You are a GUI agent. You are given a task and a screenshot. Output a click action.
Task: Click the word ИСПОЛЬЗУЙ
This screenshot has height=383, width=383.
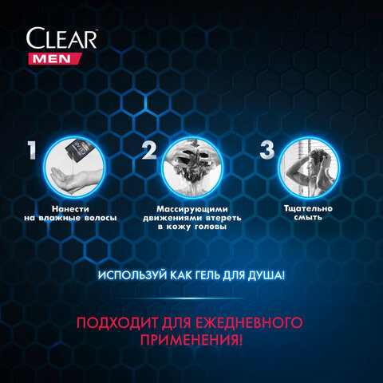(132, 275)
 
